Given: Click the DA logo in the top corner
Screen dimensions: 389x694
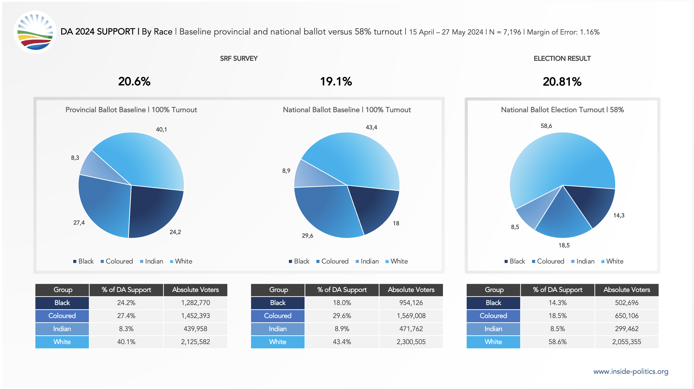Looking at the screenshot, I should tap(35, 32).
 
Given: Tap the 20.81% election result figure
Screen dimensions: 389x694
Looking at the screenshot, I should tap(562, 82).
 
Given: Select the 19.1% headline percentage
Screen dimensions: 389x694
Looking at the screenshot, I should tap(336, 82).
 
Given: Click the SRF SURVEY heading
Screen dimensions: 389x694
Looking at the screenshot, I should tap(239, 59).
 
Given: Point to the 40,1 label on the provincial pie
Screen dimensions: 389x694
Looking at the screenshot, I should tap(161, 130).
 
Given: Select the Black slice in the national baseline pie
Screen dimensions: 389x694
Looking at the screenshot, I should tap(373, 208).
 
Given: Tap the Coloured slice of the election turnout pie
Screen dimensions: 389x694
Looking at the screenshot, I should tap(563, 216).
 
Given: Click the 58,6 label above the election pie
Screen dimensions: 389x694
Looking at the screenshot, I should tap(546, 126).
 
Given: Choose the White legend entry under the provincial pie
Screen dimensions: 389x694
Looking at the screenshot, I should tap(181, 261).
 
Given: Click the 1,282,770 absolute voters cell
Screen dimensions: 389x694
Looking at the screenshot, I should tap(195, 303).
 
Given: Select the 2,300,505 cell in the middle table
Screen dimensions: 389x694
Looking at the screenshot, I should tap(411, 342).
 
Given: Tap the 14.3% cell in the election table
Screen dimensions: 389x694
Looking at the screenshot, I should tap(557, 303).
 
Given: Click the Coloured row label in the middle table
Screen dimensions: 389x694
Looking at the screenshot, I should tap(278, 316).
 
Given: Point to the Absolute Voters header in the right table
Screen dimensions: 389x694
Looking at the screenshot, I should tap(626, 290).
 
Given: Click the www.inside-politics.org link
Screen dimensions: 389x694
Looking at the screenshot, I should tap(631, 371).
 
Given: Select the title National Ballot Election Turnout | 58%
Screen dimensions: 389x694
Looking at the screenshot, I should tap(562, 110).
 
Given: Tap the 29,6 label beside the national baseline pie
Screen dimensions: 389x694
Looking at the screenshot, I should tap(307, 236).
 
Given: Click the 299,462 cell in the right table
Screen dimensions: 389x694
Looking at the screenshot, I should tap(626, 329).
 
